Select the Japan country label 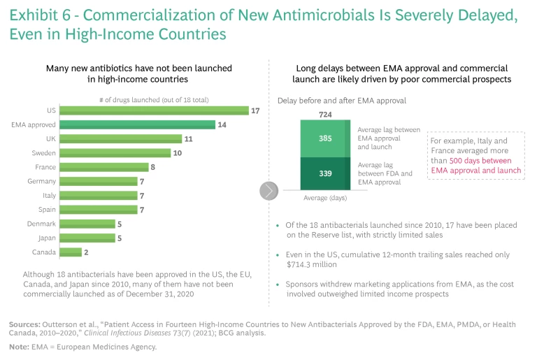[x=46, y=238]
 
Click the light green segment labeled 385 [x=325, y=138]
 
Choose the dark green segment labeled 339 [x=325, y=173]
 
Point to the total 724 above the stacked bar [x=325, y=114]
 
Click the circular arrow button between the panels [x=269, y=190]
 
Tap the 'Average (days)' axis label [x=325, y=198]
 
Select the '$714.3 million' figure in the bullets [x=311, y=264]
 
